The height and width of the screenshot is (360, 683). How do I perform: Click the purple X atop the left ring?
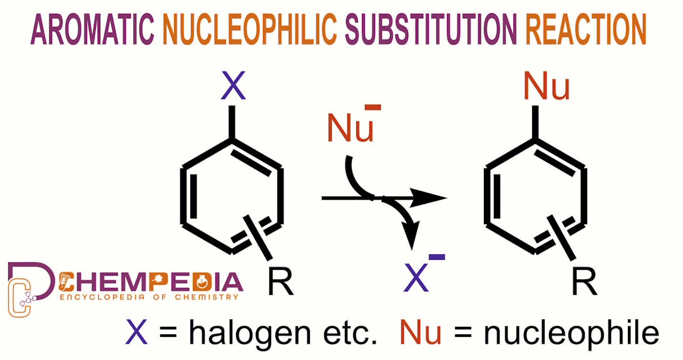click(233, 87)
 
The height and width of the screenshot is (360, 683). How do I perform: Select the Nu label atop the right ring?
click(546, 87)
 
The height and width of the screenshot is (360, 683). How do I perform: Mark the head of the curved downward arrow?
click(410, 241)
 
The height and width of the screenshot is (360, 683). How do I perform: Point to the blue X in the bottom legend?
click(137, 332)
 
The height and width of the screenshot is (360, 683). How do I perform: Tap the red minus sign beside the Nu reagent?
click(372, 108)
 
